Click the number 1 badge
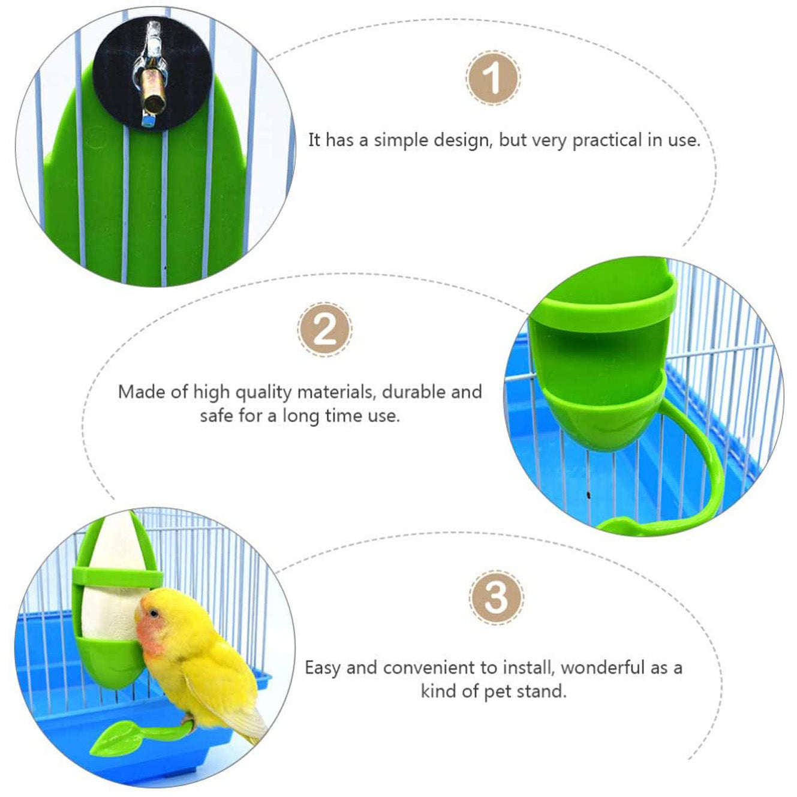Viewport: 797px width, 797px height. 493,78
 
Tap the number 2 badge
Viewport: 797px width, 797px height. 324,329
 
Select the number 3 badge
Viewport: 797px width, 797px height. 496,597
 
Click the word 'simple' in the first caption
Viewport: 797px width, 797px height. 402,141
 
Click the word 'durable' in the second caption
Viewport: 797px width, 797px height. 414,392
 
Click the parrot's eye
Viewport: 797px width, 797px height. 155,613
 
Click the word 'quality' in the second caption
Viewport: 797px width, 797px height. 262,393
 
